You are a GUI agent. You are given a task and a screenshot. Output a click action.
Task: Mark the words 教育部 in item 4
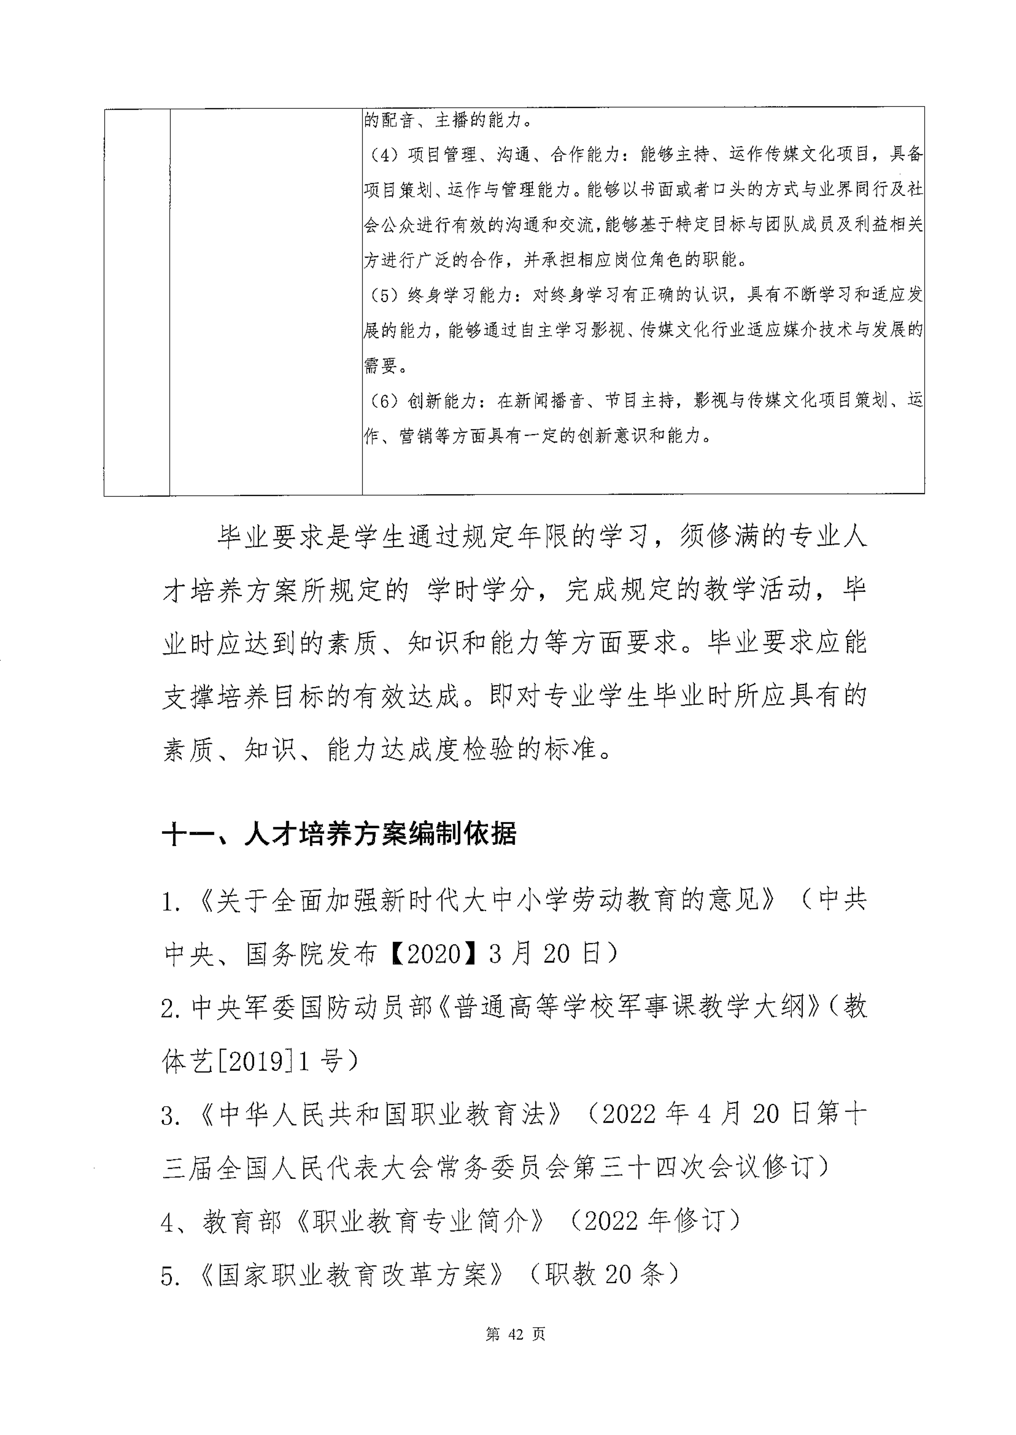tap(241, 1222)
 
